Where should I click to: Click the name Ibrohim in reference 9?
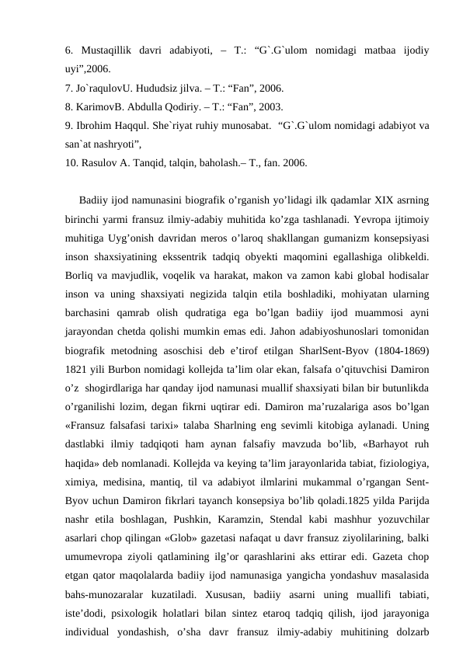tap(94, 126)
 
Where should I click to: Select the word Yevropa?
tap(375, 219)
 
